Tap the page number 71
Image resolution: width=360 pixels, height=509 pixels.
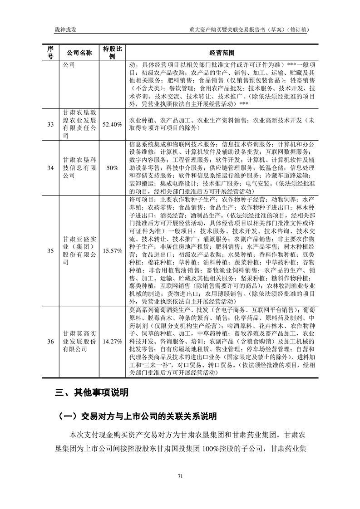[180, 476]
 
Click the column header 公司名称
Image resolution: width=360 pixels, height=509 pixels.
[79, 52]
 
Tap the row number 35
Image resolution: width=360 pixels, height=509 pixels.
[50, 250]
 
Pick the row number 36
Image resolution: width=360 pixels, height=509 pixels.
[50, 342]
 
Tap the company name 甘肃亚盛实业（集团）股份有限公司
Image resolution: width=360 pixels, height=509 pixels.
[79, 250]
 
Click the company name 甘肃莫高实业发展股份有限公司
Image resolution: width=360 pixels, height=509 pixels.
[79, 342]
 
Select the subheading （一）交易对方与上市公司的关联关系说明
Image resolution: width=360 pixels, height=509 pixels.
[136, 416]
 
